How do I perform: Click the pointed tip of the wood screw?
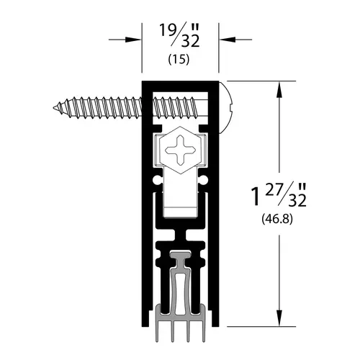[x=54, y=107]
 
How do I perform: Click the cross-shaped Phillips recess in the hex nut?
[x=180, y=150]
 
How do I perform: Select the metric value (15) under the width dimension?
[x=179, y=60]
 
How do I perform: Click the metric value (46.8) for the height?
[x=277, y=219]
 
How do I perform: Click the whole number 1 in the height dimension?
[x=256, y=197]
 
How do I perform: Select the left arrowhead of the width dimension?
[x=132, y=40]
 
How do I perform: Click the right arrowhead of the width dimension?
[x=228, y=40]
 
